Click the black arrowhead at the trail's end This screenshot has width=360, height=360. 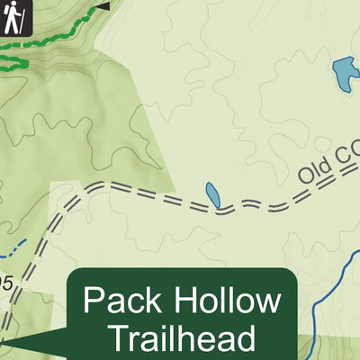point(104,5)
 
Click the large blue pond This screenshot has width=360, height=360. point(344,74)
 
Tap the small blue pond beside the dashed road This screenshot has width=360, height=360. point(211,193)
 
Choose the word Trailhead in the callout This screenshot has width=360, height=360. point(184,338)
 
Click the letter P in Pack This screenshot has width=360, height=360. point(93,301)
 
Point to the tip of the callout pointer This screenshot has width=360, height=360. point(3,342)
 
